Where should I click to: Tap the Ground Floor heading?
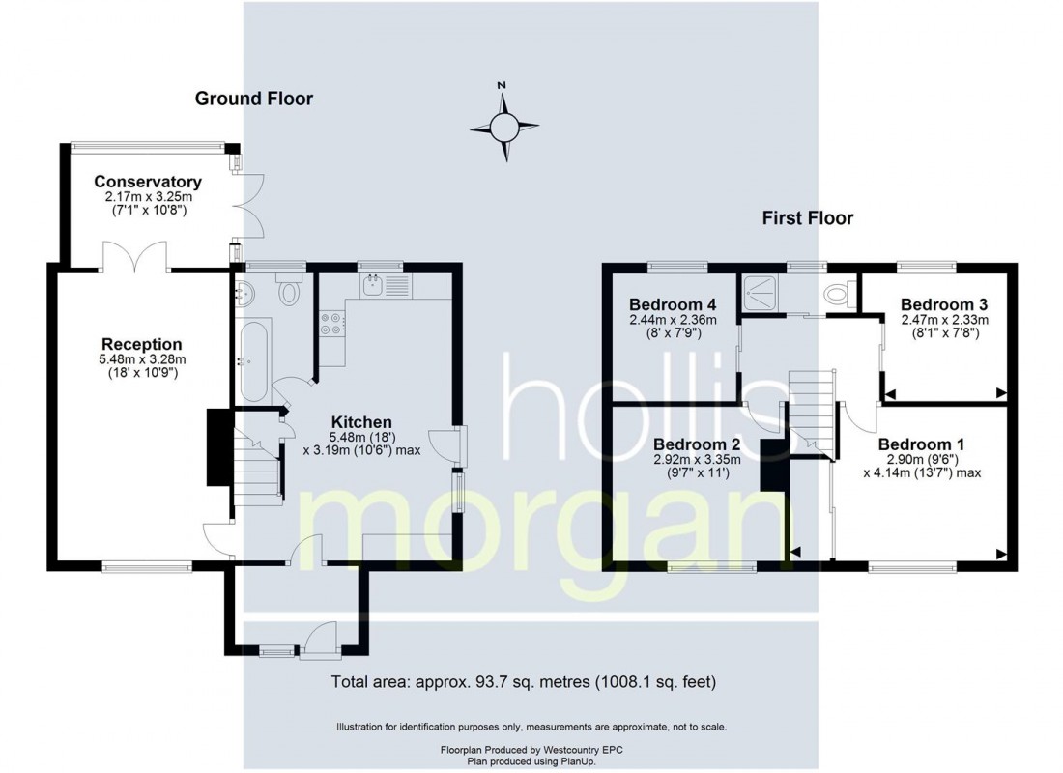click(x=254, y=99)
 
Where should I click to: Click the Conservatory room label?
click(x=148, y=182)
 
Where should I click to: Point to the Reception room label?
click(x=142, y=344)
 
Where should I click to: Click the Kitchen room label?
click(x=361, y=421)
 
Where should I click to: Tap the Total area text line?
click(x=523, y=681)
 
